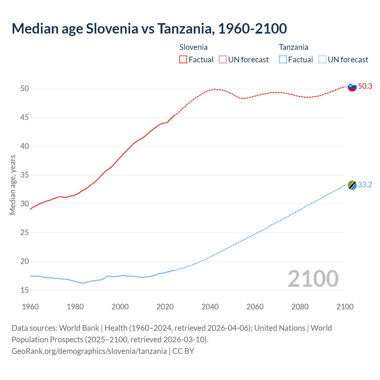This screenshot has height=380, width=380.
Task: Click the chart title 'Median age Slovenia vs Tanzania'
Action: click(149, 28)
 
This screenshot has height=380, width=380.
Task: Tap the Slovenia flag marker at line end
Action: click(352, 87)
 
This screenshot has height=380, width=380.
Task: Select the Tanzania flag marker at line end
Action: click(352, 185)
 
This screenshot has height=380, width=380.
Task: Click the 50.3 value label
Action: click(365, 86)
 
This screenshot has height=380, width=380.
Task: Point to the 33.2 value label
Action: click(365, 185)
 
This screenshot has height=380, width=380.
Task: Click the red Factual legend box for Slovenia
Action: click(183, 60)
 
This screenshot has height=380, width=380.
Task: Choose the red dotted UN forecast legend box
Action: click(223, 60)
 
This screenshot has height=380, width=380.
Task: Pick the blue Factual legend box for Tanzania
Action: click(283, 60)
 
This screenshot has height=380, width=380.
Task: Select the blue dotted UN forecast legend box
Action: click(322, 60)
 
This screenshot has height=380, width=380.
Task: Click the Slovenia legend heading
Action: click(193, 47)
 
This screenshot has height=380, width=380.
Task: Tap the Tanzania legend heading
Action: click(293, 47)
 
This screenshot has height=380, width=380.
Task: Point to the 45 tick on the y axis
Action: click(25, 118)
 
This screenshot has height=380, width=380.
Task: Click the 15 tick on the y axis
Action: click(25, 290)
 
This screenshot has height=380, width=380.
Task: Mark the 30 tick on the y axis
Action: click(25, 204)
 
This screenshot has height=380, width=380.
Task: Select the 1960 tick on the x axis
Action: click(30, 307)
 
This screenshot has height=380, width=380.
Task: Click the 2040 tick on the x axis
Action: click(210, 307)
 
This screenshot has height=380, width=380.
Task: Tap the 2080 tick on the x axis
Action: click(300, 307)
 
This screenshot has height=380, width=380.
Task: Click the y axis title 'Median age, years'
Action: click(12, 185)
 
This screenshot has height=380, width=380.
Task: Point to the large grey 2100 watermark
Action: click(313, 278)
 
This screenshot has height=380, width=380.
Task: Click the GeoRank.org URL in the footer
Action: click(89, 351)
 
